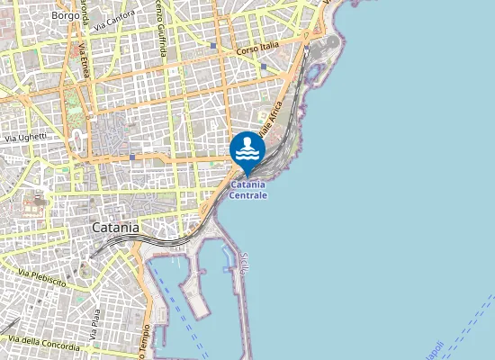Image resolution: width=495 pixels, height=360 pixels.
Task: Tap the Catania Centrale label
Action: point(247,190)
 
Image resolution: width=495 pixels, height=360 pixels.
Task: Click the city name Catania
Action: point(115,228)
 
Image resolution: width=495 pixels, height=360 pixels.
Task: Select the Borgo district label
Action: point(65,15)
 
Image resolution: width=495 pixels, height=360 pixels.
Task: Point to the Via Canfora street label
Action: point(113,16)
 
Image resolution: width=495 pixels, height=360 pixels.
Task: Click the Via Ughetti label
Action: point(26,137)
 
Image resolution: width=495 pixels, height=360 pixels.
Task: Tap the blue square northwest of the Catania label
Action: point(131,157)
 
